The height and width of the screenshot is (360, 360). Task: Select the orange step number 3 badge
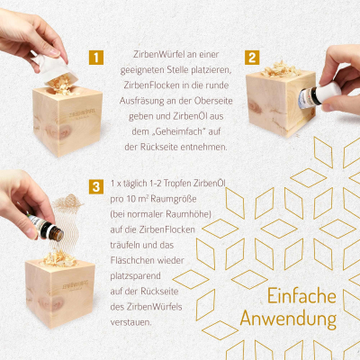tap(96, 187)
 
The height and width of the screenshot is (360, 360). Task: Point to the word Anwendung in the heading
tap(289, 319)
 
